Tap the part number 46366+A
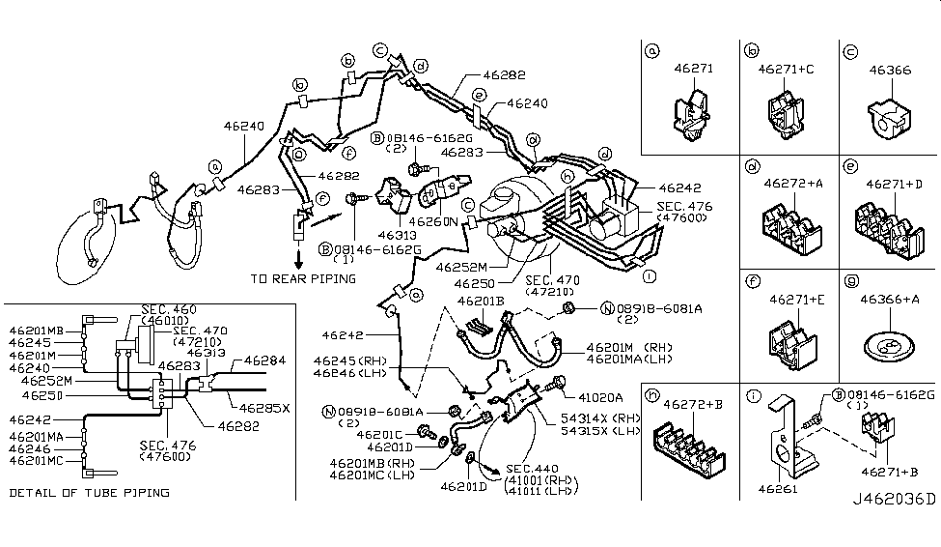[888, 300]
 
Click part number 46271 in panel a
[693, 70]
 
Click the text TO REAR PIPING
[303, 278]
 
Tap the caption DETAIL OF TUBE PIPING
[89, 492]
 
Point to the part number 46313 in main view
[397, 234]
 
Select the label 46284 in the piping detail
[265, 360]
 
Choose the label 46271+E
[791, 300]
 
